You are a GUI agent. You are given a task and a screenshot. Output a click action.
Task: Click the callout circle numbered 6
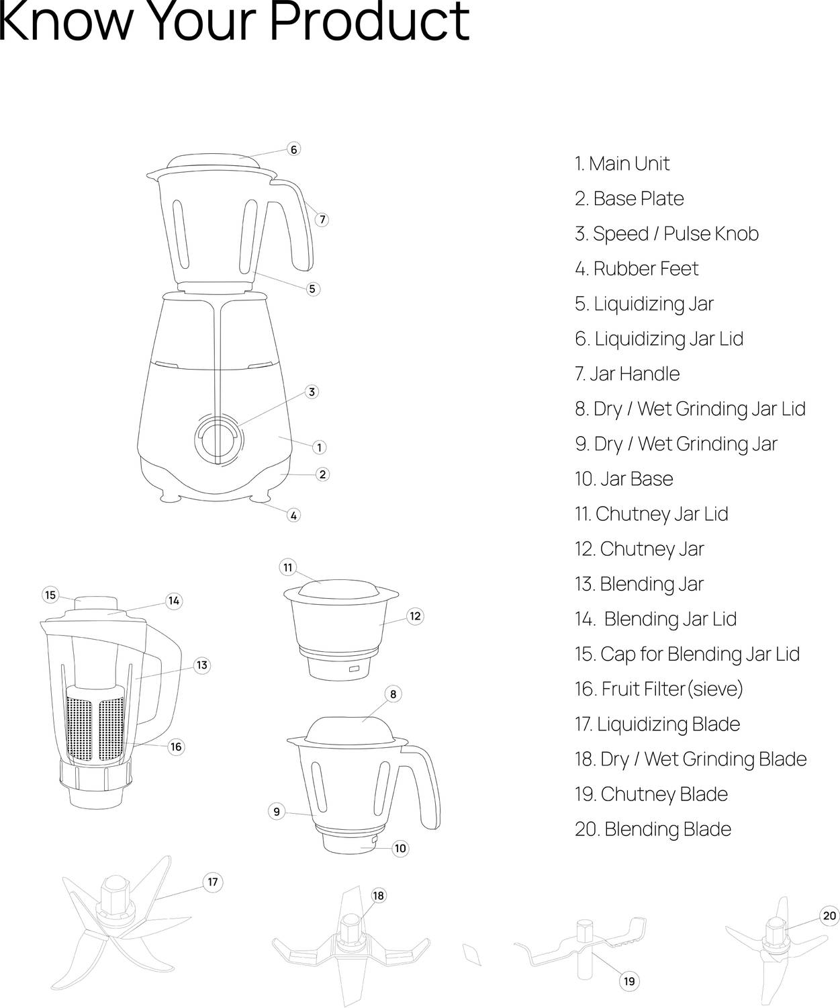293,149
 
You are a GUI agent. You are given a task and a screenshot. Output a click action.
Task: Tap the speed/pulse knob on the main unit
219,438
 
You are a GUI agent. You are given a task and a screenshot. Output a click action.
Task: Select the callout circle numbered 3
312,392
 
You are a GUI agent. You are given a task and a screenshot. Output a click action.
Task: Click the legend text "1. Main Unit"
621,164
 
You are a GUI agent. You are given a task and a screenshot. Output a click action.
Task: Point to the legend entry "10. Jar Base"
623,479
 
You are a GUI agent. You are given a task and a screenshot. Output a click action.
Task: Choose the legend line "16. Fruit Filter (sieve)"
659,689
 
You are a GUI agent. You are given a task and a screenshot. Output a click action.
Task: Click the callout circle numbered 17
213,882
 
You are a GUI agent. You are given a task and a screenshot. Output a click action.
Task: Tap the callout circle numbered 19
628,981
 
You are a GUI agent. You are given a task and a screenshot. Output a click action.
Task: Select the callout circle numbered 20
829,916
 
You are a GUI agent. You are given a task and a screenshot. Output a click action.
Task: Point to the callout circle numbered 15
50,595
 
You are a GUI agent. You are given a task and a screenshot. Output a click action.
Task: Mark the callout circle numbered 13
201,665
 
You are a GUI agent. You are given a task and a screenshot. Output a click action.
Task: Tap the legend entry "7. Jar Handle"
626,374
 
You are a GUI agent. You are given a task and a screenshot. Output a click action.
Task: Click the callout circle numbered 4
293,515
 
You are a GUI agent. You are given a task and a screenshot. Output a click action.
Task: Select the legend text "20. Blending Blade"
653,829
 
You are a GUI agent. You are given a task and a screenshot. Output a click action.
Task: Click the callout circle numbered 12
415,616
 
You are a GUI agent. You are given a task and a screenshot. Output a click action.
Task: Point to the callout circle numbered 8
393,694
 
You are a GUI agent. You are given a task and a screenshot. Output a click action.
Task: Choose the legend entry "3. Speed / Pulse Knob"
666,234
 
